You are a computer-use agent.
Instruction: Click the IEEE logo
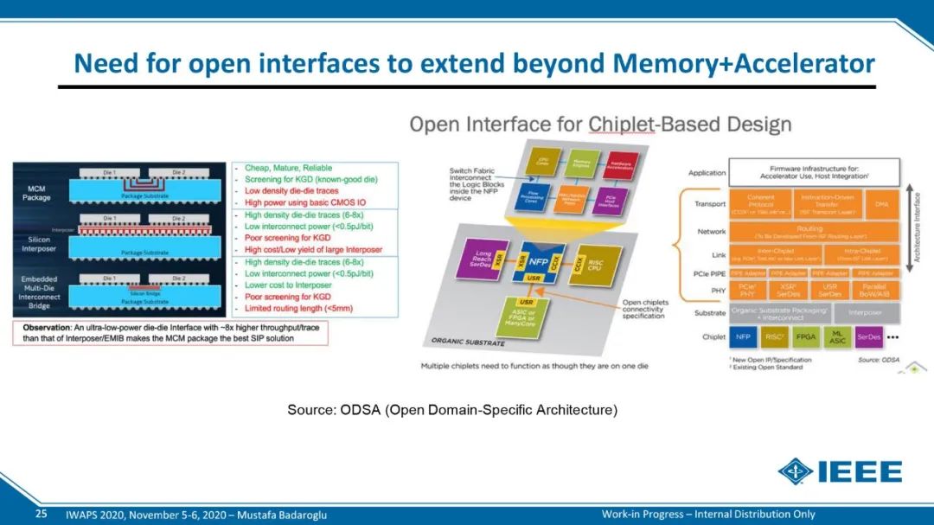[x=840, y=472]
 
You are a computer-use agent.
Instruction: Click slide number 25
[x=41, y=514]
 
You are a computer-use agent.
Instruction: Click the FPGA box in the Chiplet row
[x=805, y=336]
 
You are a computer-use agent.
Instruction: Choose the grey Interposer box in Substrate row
[x=864, y=313]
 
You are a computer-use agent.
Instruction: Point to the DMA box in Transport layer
[x=881, y=205]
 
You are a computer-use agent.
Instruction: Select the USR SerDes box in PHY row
[x=829, y=291]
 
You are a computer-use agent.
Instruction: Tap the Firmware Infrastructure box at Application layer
[x=814, y=172]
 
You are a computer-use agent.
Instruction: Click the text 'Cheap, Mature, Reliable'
[x=288, y=168]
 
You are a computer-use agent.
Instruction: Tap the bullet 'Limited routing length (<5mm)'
[x=299, y=309]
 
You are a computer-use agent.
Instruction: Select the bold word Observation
[x=51, y=328]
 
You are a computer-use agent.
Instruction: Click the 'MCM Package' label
[x=35, y=192]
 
